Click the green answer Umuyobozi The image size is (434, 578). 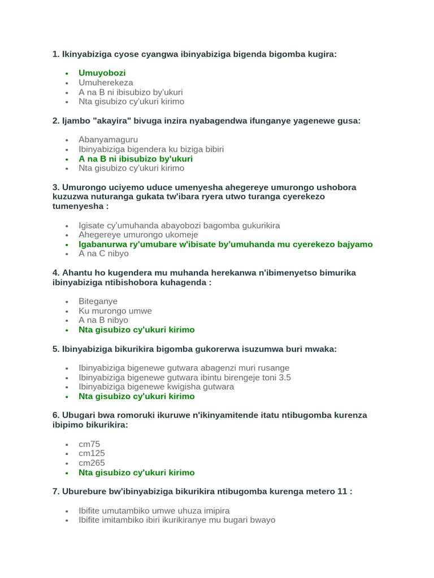(102, 73)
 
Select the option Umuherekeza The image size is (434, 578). (106, 82)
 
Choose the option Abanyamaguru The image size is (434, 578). (108, 139)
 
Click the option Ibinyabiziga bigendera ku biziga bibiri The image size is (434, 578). (151, 149)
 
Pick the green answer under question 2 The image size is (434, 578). (136, 159)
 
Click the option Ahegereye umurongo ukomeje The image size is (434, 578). (138, 235)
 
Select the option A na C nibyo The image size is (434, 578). (103, 253)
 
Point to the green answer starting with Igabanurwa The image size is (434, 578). (225, 244)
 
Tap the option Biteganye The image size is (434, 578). (98, 301)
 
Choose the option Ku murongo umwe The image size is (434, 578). (115, 311)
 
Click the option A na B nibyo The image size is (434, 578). (103, 320)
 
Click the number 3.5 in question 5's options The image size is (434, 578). (284, 377)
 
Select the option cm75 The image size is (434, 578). (89, 444)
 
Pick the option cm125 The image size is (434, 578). (92, 453)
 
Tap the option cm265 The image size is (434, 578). (92, 463)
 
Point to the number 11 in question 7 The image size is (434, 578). (341, 492)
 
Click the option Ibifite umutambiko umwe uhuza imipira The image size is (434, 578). (154, 510)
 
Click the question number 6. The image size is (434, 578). (55, 415)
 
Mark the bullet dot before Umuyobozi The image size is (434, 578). (67, 73)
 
